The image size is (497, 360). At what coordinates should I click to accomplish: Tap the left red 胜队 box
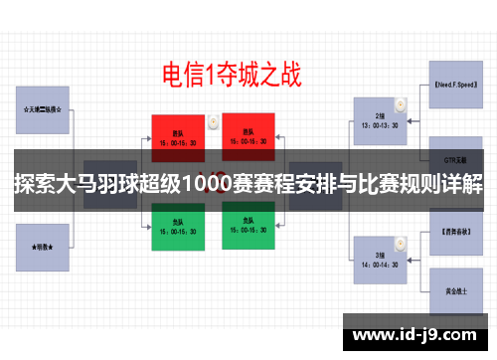[x=178, y=135]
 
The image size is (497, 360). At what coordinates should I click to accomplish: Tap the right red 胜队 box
[x=245, y=135]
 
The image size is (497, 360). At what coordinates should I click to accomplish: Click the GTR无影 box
[x=456, y=159]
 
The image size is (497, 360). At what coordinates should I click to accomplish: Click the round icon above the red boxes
[x=212, y=120]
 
